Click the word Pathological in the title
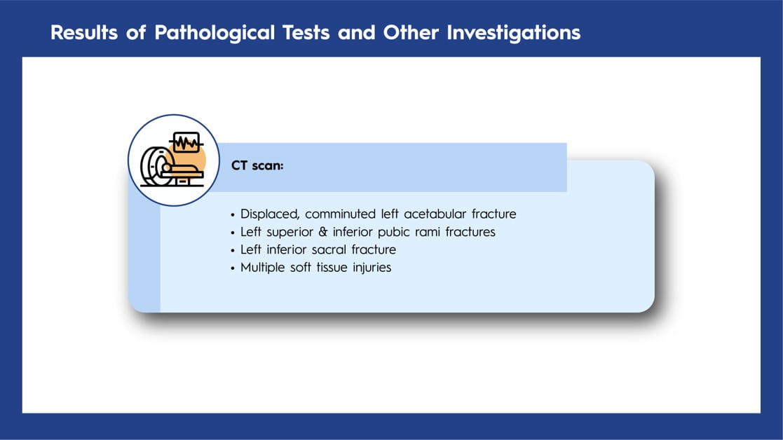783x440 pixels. (x=215, y=33)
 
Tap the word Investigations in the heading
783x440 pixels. (x=513, y=33)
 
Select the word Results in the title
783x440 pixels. (x=84, y=32)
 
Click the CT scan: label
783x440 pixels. (x=257, y=165)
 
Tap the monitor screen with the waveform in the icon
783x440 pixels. (x=186, y=143)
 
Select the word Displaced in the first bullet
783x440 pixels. (x=270, y=214)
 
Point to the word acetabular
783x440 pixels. (x=435, y=214)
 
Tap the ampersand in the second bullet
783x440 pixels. (x=323, y=232)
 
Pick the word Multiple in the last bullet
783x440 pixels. (x=262, y=268)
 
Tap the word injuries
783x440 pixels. (x=372, y=268)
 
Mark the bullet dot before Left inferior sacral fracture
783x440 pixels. (x=233, y=250)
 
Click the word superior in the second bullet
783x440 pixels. (x=290, y=233)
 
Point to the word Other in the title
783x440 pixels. (x=411, y=32)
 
